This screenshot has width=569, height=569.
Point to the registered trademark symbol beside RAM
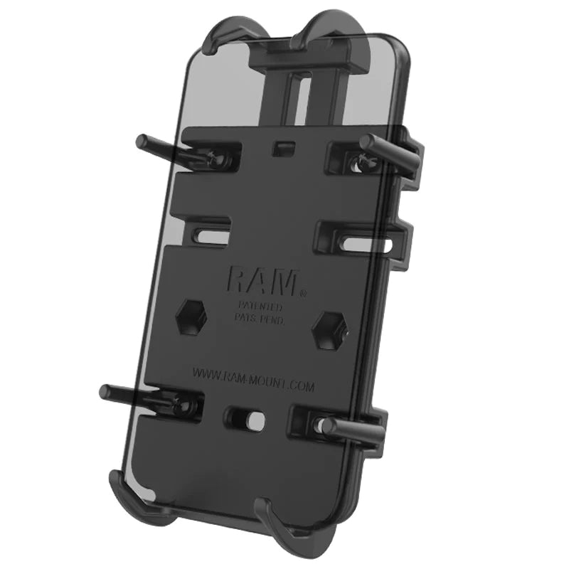(x=303, y=291)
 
